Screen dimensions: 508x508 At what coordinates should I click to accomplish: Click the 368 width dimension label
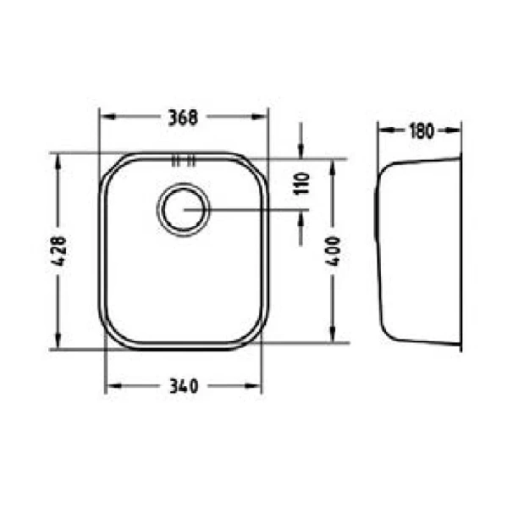pos(183,118)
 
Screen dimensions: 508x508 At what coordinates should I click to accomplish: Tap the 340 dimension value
pos(184,386)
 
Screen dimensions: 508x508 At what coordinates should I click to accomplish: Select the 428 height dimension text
pos(59,251)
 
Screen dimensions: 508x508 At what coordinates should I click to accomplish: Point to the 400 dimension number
pos(333,251)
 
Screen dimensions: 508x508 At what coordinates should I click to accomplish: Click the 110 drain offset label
pos(301,184)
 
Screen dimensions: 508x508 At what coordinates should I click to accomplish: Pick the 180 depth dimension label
pos(421,131)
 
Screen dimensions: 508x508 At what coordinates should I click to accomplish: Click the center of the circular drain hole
pos(184,210)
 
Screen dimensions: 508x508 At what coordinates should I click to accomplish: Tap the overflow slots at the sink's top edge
pos(184,161)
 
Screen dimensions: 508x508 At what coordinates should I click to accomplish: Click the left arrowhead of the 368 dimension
pos(108,117)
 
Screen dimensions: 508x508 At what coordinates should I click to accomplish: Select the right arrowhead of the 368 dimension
pos(259,117)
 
